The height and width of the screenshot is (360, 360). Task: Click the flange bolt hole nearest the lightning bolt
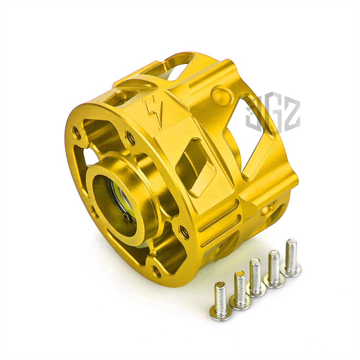[x=130, y=138]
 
